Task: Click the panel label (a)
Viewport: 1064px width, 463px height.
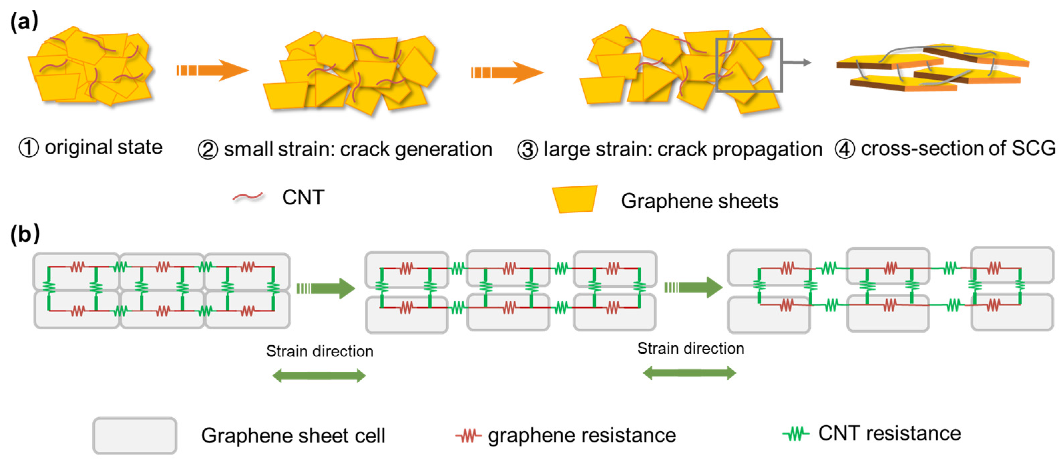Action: [x=24, y=21]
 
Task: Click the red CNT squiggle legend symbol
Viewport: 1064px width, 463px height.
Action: [x=248, y=197]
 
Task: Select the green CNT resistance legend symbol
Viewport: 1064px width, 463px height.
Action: [x=795, y=434]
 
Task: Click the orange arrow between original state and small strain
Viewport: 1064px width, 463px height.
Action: [x=213, y=70]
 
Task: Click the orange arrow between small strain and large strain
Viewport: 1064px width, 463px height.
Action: [x=507, y=73]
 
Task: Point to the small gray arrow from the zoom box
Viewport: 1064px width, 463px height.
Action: [x=797, y=63]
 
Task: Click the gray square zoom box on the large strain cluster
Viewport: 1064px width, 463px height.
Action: [x=749, y=65]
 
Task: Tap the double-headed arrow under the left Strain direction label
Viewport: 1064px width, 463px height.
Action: [x=319, y=376]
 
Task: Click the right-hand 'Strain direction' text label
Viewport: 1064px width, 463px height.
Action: [x=691, y=349]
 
